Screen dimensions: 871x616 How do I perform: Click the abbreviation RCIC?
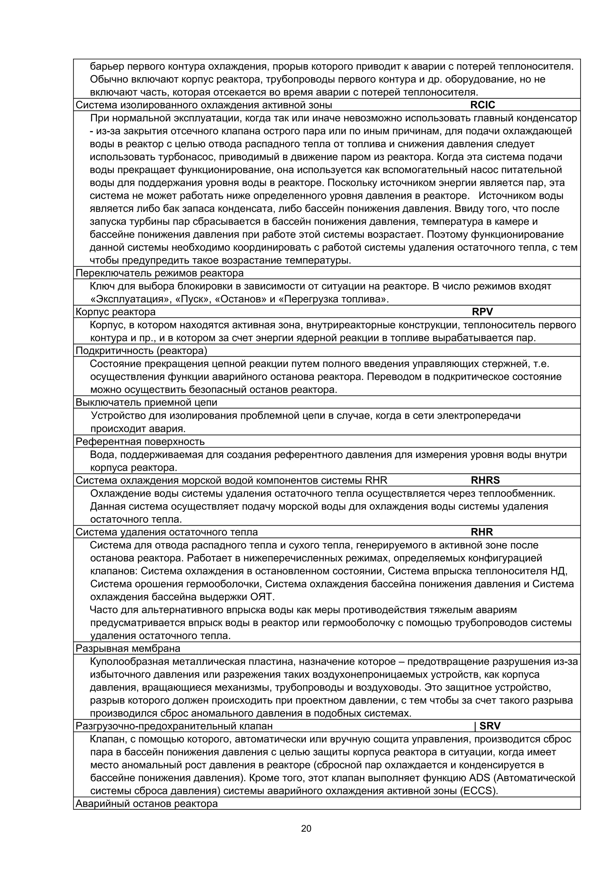pyautogui.click(x=482, y=105)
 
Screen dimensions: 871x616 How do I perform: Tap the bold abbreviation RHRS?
pyautogui.click(x=485, y=480)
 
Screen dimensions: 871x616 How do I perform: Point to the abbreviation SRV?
pyautogui.click(x=490, y=726)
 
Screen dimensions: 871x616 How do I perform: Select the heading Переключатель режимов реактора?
pyautogui.click(x=159, y=273)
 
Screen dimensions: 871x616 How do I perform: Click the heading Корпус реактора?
pyautogui.click(x=115, y=312)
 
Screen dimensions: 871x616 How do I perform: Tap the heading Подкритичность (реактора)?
pyautogui.click(x=141, y=350)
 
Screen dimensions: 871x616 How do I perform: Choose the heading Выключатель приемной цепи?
pyautogui.click(x=146, y=402)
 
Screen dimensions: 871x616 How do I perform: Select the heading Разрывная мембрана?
pyautogui.click(x=128, y=648)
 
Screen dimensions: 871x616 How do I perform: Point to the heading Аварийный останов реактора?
pyautogui.click(x=146, y=803)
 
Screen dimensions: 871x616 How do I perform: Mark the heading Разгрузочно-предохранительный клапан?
pyautogui.click(x=174, y=726)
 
